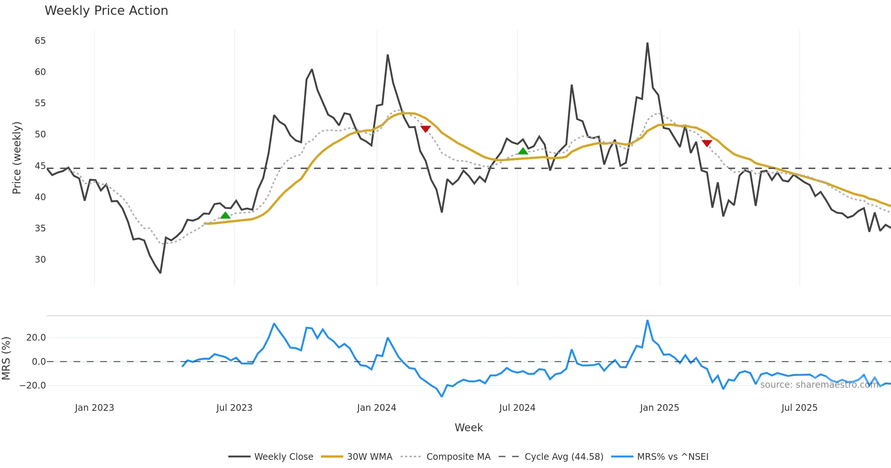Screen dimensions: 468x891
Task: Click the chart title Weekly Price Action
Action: click(106, 11)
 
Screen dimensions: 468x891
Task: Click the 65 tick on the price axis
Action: click(40, 41)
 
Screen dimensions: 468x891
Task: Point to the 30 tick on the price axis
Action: click(40, 260)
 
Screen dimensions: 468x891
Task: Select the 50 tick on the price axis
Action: click(40, 134)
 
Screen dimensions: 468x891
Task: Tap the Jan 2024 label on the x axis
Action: click(376, 408)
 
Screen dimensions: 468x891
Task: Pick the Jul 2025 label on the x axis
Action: click(799, 408)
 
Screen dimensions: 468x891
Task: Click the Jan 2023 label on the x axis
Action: click(94, 408)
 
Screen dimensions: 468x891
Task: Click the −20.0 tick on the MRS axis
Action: click(33, 386)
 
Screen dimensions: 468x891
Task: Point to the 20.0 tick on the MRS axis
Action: click(36, 338)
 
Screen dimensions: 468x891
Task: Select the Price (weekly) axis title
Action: click(17, 158)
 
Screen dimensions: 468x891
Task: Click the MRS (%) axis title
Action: click(6, 358)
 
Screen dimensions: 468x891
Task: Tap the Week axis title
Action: click(469, 428)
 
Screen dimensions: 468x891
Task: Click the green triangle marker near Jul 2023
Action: click(225, 215)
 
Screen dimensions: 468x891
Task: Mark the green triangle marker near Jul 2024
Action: click(523, 151)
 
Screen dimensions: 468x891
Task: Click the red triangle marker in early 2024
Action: click(425, 129)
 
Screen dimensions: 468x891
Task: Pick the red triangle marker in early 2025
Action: click(707, 143)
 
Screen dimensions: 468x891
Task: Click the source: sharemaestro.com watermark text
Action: click(819, 385)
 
